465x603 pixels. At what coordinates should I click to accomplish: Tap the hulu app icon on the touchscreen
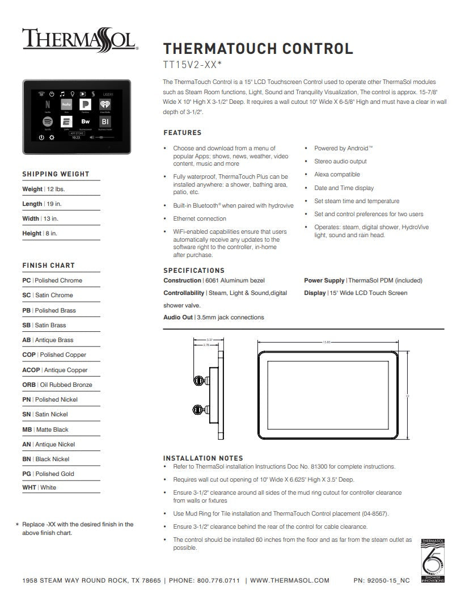click(66, 105)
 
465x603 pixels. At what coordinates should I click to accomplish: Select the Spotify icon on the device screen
click(48, 122)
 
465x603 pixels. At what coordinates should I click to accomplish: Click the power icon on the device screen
click(41, 137)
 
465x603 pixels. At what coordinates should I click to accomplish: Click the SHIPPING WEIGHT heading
click(56, 174)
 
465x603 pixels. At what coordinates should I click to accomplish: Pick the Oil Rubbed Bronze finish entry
click(57, 385)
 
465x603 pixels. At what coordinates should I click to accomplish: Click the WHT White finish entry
click(39, 487)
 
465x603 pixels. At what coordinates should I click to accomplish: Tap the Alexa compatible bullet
click(337, 175)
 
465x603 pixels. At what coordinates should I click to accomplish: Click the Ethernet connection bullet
click(200, 218)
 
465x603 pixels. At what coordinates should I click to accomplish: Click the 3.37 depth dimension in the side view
click(209, 340)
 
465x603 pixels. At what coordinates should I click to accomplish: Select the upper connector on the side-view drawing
click(199, 379)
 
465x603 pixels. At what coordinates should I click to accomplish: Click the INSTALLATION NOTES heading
click(203, 458)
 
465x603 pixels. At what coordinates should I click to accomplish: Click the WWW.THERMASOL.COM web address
click(290, 580)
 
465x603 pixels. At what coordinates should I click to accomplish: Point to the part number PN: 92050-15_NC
click(381, 580)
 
